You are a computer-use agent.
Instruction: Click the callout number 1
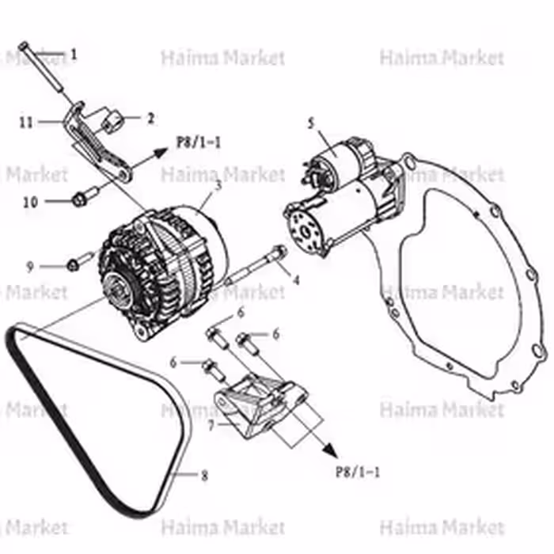(74, 55)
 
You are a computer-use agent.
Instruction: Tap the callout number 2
(149, 119)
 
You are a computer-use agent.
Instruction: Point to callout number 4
(295, 279)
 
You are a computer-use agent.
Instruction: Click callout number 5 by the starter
(311, 122)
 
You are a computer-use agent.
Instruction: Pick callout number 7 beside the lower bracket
(211, 425)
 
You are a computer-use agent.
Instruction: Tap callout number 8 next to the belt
(204, 476)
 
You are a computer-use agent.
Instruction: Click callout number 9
(29, 267)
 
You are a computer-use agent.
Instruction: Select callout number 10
(30, 202)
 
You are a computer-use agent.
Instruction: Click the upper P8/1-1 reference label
(199, 142)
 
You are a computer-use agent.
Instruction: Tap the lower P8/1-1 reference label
(359, 472)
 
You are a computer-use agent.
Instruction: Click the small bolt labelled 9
(76, 262)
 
